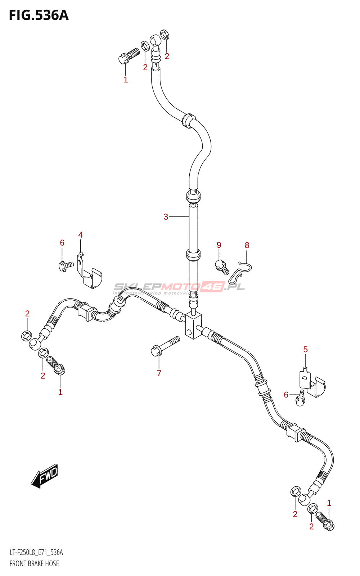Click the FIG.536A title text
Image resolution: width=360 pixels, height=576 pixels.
point(39,15)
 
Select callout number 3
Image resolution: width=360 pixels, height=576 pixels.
point(166,217)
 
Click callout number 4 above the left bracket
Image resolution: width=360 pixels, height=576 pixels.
point(80,235)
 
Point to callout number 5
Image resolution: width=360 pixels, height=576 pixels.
point(305,349)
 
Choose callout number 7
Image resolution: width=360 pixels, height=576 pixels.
point(159,373)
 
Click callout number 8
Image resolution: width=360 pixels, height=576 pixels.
point(247,245)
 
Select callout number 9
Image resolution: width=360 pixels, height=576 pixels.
point(219,245)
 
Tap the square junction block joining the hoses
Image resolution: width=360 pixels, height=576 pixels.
point(193,325)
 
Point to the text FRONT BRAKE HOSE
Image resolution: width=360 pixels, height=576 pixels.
point(34,563)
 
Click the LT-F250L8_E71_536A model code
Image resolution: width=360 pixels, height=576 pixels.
point(36,553)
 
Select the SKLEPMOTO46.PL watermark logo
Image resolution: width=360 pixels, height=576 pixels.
point(179,287)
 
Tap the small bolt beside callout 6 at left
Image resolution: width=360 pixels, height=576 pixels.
point(66,266)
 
